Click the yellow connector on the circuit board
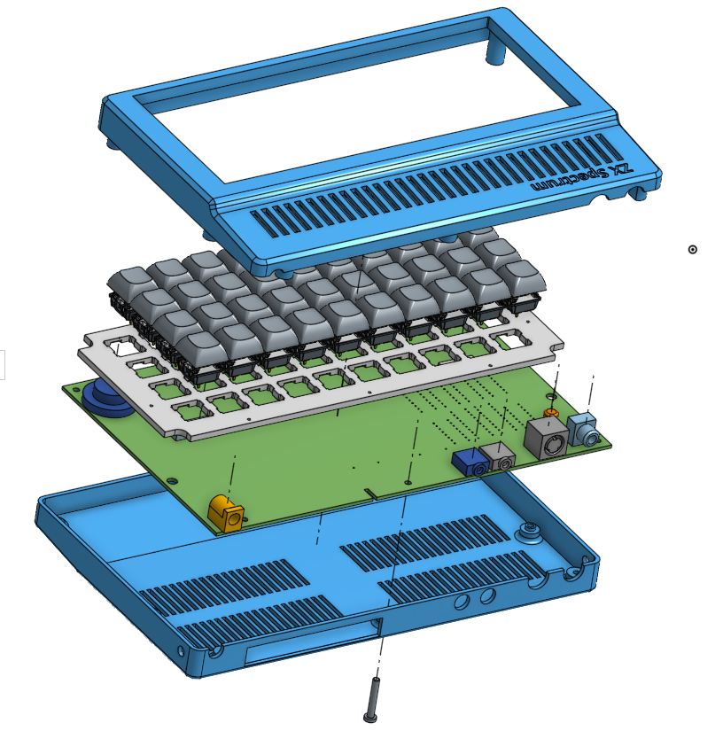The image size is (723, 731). [x=226, y=514]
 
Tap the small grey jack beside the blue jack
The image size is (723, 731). [x=498, y=456]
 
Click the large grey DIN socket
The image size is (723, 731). [x=547, y=439]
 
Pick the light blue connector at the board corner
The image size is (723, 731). [x=583, y=430]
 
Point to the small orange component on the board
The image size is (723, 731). [x=551, y=413]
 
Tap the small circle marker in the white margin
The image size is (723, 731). [x=692, y=250]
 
